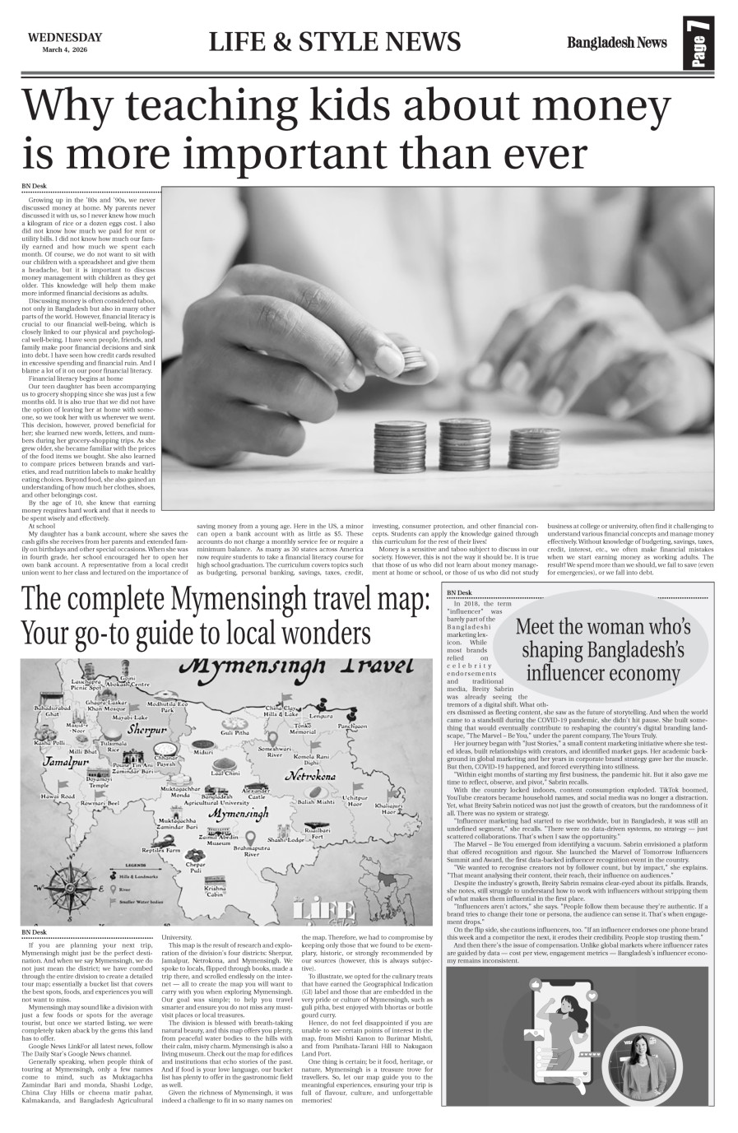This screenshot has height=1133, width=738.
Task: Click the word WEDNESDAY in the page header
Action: (x=64, y=36)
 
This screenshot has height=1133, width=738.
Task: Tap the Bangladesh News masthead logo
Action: (x=616, y=43)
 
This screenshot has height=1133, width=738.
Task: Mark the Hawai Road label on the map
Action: (x=58, y=796)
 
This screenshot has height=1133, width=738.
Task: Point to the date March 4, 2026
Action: (x=64, y=49)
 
